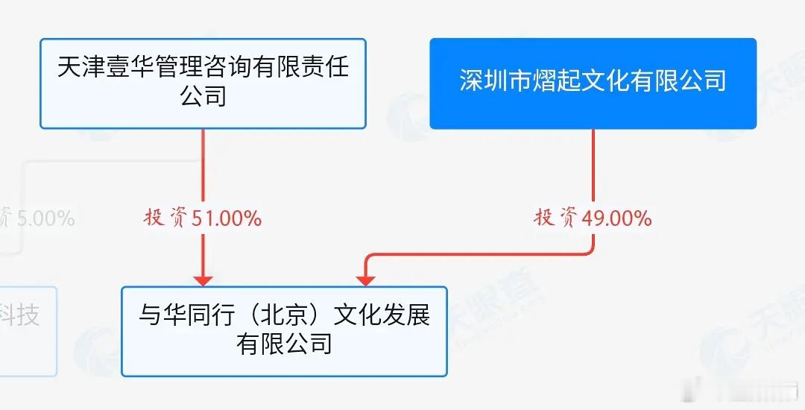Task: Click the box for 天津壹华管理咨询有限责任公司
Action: point(203,83)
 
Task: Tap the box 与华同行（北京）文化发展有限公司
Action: point(284,330)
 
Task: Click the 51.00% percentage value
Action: point(227,218)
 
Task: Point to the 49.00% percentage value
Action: point(617,218)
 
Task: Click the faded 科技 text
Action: point(19,316)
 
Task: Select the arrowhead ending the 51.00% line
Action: point(203,280)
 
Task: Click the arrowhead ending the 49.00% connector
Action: point(364,280)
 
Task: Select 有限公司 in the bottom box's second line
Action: point(284,344)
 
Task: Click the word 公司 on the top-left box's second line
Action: point(203,97)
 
